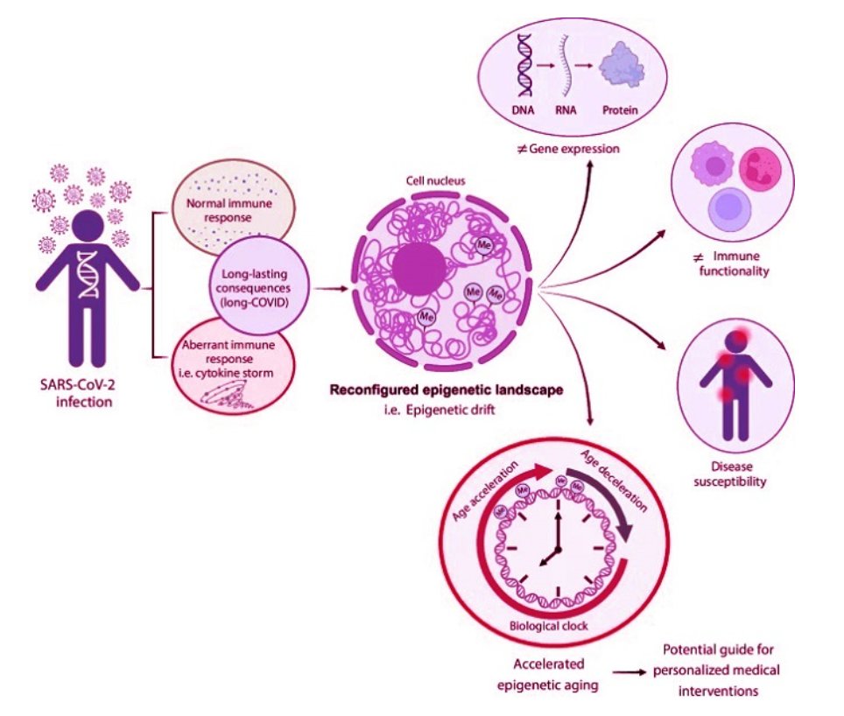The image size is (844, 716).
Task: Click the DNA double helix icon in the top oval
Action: point(525,65)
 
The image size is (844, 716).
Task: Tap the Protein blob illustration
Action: point(617,67)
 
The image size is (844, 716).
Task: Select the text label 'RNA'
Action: point(572,111)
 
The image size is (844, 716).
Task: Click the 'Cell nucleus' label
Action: point(433,181)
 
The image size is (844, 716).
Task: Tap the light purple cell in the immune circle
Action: point(725,215)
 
